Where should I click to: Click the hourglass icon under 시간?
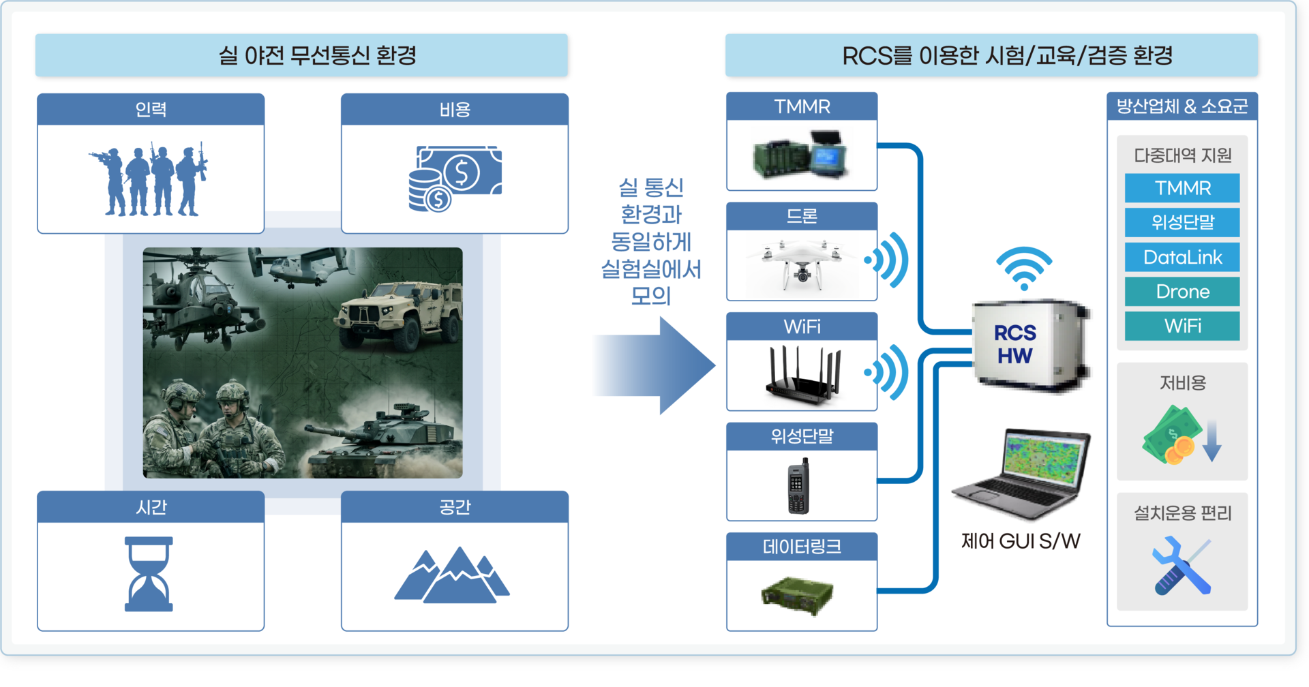(149, 574)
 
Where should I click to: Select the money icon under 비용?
(455, 178)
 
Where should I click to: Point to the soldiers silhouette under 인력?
(149, 179)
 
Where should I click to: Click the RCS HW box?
(1030, 345)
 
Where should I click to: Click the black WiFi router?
(803, 375)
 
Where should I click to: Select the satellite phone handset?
(799, 486)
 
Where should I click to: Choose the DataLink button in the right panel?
(1182, 257)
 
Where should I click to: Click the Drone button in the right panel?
(1182, 291)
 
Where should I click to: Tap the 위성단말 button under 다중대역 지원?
(1182, 222)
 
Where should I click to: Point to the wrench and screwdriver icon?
(1182, 566)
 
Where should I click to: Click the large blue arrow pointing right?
(654, 365)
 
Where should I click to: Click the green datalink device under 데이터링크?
(798, 595)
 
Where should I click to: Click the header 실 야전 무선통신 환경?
(317, 55)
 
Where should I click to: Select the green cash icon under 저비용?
(1172, 435)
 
